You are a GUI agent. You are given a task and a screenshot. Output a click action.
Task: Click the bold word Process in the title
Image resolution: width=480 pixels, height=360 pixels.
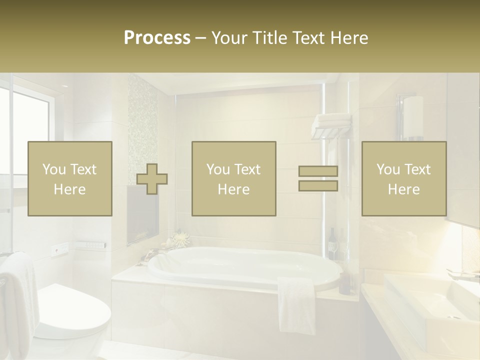pos(157,38)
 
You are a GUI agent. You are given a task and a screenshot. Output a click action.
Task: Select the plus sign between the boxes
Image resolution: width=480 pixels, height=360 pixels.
pos(152,179)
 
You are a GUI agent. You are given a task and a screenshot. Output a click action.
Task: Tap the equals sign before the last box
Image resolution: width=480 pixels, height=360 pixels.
pos(318,178)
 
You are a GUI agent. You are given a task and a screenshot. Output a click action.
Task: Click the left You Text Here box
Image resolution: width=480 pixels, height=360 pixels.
pos(70,179)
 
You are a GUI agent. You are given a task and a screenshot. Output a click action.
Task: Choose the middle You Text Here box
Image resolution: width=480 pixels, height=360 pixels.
pos(234,179)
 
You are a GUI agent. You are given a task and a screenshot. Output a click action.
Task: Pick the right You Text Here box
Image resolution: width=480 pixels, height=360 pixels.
pos(404,179)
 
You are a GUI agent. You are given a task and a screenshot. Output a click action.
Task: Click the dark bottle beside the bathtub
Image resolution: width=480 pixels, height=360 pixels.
pos(345,282)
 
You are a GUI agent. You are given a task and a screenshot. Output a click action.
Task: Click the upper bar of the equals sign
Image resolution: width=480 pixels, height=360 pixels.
pos(318,171)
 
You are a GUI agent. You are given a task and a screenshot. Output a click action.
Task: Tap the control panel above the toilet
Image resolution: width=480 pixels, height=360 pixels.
pos(90,245)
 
